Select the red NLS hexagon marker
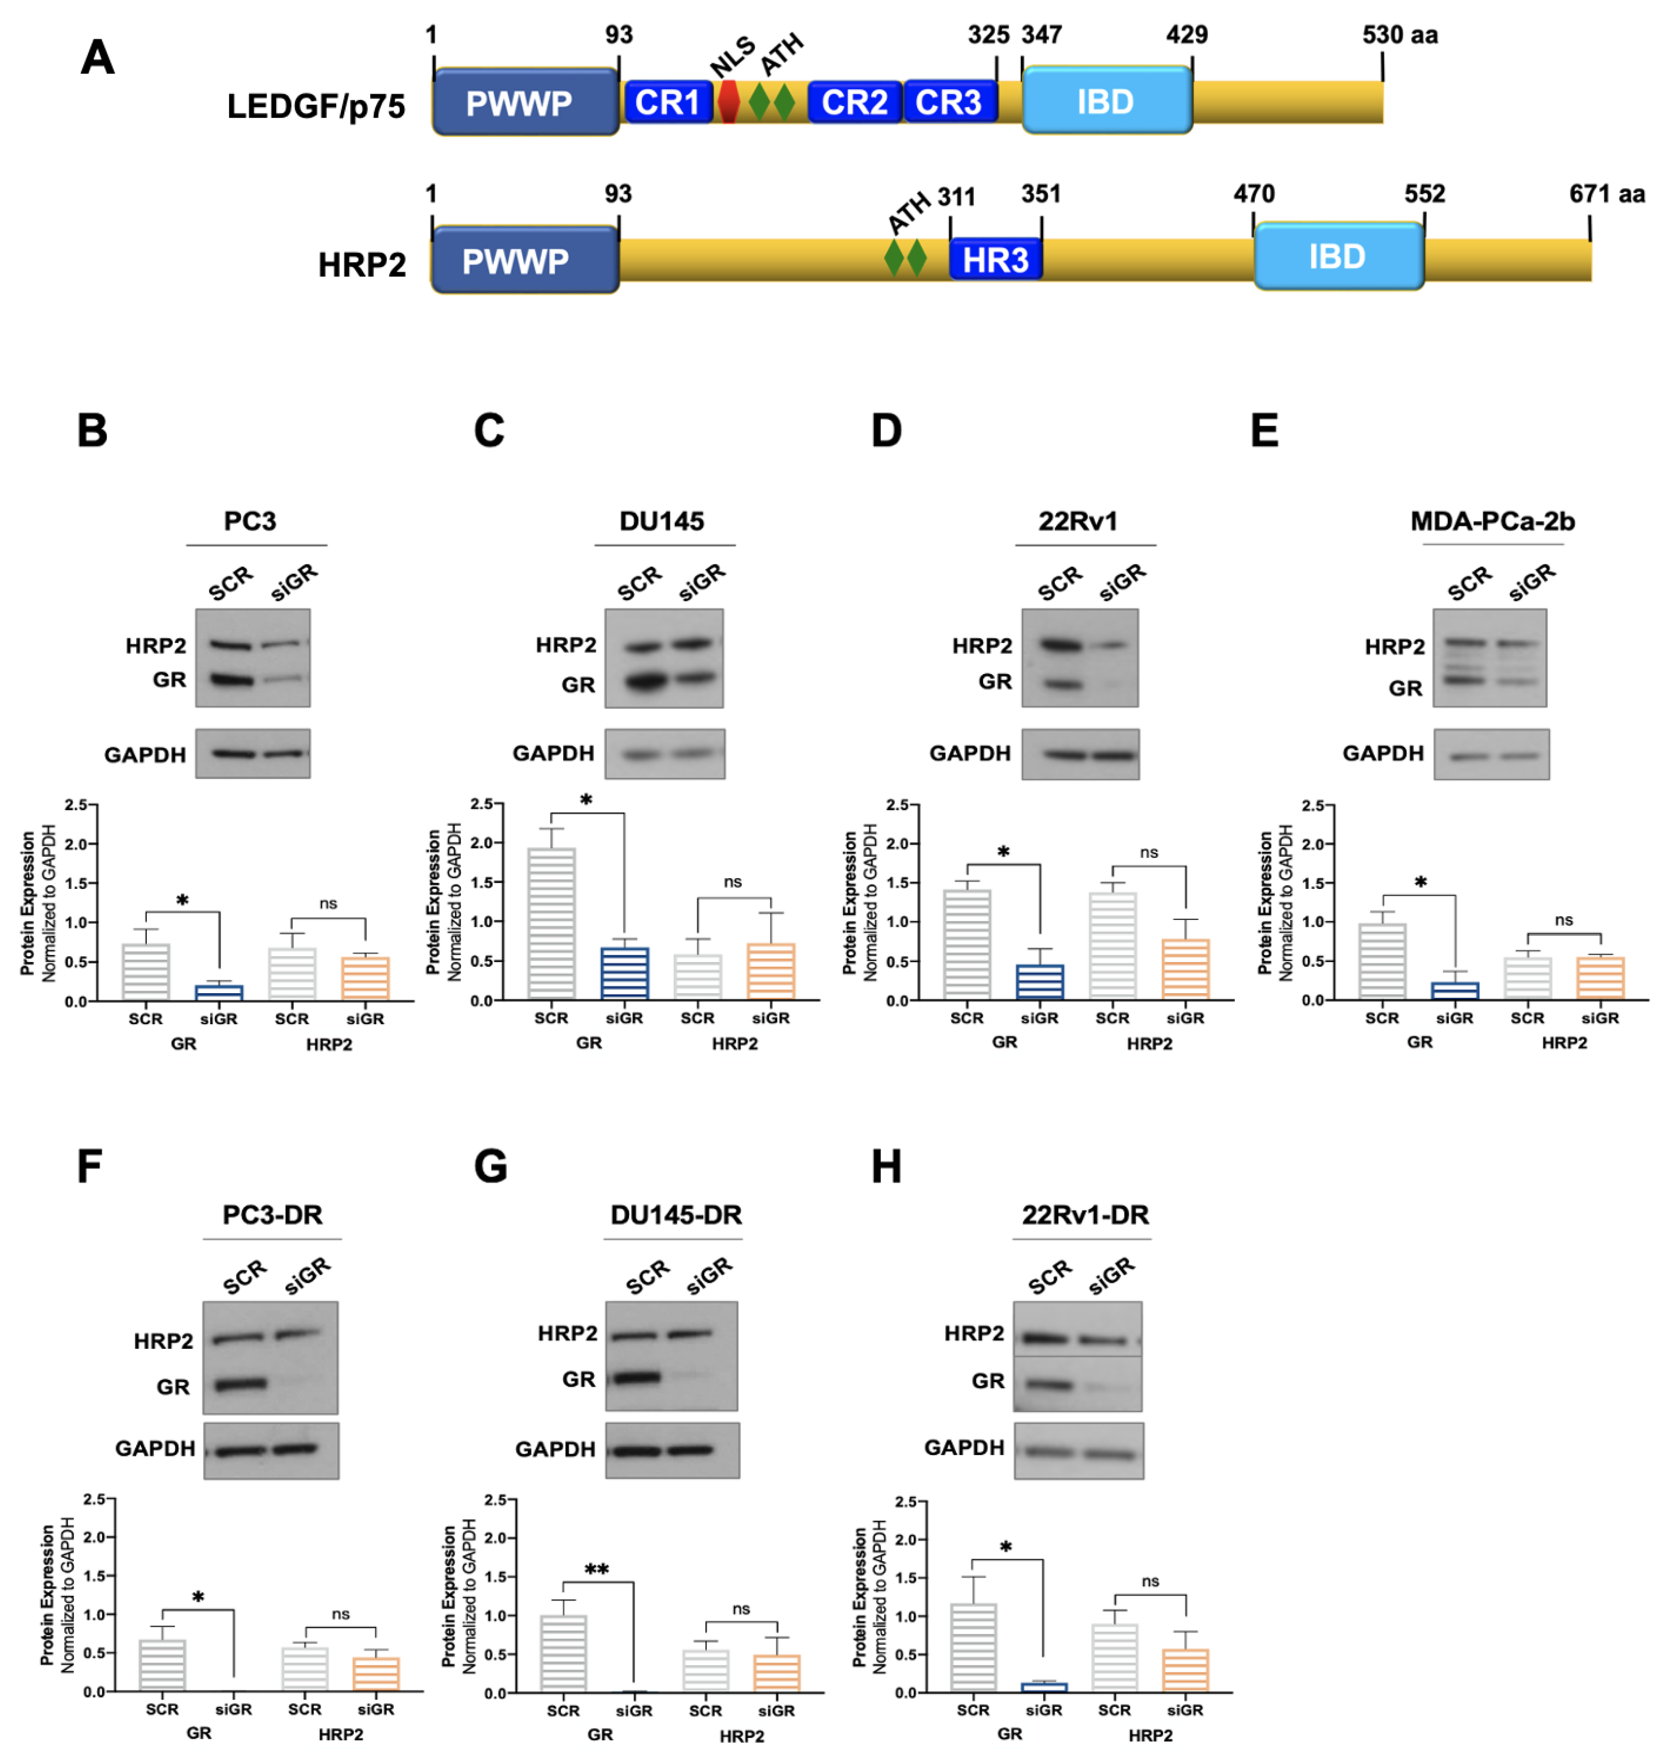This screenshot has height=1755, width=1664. point(728,102)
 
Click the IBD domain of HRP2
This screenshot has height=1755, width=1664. point(1337,256)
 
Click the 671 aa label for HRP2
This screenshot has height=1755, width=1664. point(1606,194)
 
